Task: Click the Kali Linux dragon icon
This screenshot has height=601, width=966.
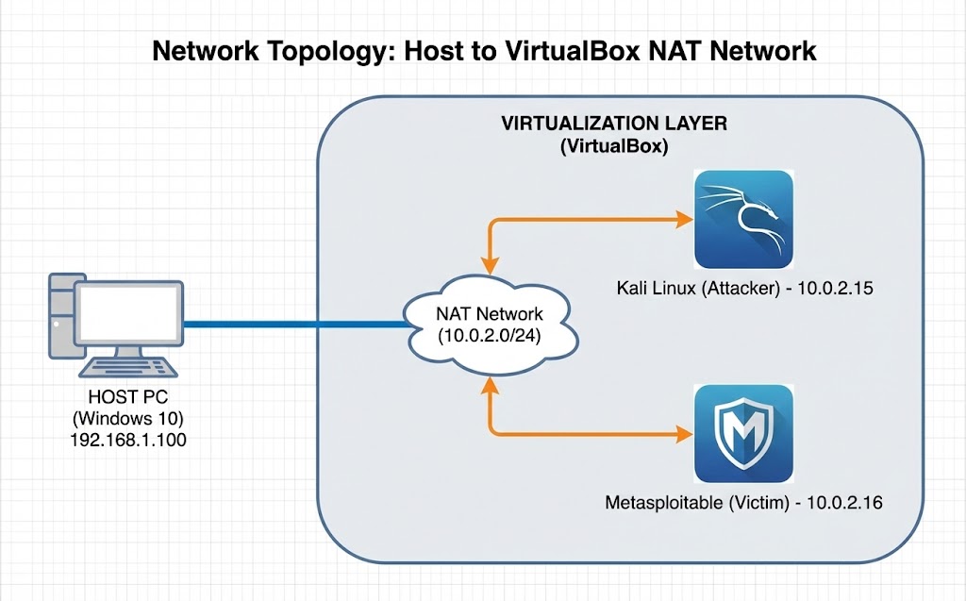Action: pyautogui.click(x=742, y=220)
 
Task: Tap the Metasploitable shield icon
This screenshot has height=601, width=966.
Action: pyautogui.click(x=742, y=434)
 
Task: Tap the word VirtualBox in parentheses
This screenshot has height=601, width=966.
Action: pyautogui.click(x=613, y=146)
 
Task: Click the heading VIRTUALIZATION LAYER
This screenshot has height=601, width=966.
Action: pyautogui.click(x=614, y=125)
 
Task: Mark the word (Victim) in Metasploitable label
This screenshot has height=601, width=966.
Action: pyautogui.click(x=759, y=502)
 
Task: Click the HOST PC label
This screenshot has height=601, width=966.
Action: pyautogui.click(x=127, y=396)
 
